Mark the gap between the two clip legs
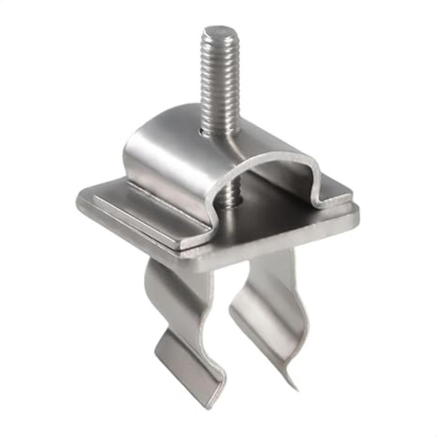pos(225,310)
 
